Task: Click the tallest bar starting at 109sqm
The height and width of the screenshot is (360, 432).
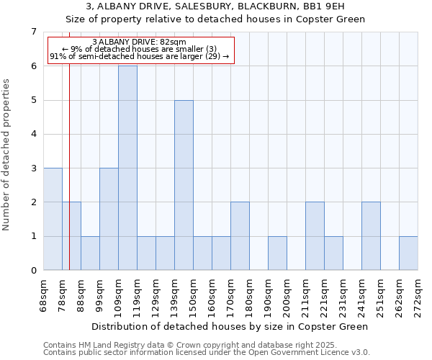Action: pyautogui.click(x=127, y=168)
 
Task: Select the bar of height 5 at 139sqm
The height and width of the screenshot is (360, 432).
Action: pyautogui.click(x=184, y=185)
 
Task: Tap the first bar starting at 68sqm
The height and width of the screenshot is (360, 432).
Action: pyautogui.click(x=53, y=219)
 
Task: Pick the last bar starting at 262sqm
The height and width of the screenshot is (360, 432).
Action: pyautogui.click(x=408, y=253)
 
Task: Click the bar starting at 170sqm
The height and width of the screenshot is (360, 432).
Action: pyautogui.click(x=240, y=236)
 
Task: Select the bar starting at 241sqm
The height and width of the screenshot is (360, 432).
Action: pyautogui.click(x=371, y=236)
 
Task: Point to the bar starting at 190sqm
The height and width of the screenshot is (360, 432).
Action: pyautogui.click(x=277, y=253)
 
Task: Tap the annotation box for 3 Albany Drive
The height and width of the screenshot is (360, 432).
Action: pyautogui.click(x=140, y=50)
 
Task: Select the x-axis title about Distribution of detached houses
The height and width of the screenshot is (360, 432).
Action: pyautogui.click(x=230, y=326)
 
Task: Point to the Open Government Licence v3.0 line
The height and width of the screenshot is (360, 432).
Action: pyautogui.click(x=206, y=353)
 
